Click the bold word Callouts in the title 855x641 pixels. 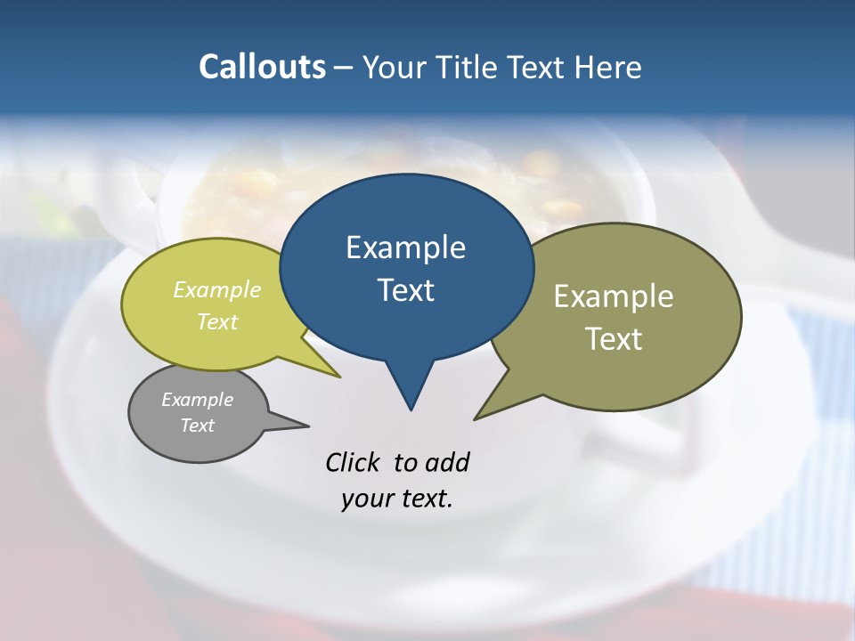point(262,67)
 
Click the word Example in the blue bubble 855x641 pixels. point(405,247)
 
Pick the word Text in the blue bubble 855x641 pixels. point(405,290)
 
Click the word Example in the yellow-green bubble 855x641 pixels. point(217,290)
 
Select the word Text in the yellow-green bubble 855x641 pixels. point(217,321)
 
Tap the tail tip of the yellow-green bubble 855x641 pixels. point(339,377)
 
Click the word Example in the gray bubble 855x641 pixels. point(197,400)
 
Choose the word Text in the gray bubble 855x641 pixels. point(197,426)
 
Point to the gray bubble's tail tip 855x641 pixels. point(308,426)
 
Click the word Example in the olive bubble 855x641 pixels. point(614,296)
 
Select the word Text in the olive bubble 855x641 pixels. point(614,339)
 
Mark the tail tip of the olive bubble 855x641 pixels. point(475,418)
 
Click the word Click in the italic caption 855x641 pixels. point(354,462)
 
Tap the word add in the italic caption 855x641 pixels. point(447,462)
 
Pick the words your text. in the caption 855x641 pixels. point(397,499)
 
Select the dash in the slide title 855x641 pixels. point(344,68)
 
